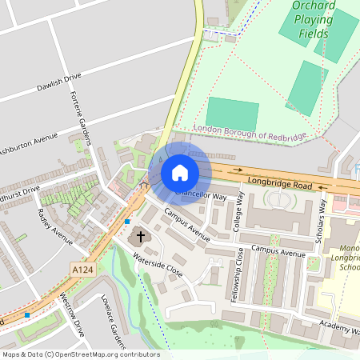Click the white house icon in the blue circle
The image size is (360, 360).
click(x=180, y=173)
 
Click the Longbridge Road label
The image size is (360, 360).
click(x=279, y=184)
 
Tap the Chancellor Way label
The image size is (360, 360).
click(x=201, y=194)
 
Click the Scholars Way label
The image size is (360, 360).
click(x=322, y=215)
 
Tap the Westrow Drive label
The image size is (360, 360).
click(x=72, y=314)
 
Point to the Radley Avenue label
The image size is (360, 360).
click(x=54, y=226)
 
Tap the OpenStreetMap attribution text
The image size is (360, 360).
click(x=80, y=354)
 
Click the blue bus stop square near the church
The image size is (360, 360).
click(x=127, y=221)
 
